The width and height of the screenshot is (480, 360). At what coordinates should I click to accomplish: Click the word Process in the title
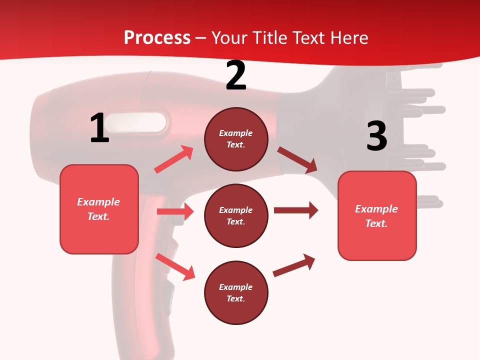tap(157, 37)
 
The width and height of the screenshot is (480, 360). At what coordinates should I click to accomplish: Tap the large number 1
tap(99, 128)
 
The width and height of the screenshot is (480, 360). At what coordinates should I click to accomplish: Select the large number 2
tap(236, 75)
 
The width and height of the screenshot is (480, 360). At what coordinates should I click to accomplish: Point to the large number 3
tap(376, 136)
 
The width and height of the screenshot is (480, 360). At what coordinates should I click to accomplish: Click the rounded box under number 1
tap(99, 209)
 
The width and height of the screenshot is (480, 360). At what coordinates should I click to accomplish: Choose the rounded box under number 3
tap(377, 216)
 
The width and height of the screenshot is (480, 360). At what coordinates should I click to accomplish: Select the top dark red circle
tap(236, 139)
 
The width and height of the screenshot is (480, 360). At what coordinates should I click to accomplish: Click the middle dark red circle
tap(236, 216)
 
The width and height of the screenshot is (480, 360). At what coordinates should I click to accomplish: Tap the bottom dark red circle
tap(236, 293)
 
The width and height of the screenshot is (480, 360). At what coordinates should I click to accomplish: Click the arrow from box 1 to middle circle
tap(175, 211)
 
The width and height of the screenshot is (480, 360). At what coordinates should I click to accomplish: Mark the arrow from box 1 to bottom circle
tap(175, 266)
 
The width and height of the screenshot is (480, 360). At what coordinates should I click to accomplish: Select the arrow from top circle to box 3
tap(297, 160)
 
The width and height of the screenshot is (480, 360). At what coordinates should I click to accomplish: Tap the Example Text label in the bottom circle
tap(236, 293)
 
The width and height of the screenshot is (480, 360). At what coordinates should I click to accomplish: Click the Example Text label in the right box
tap(377, 216)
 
